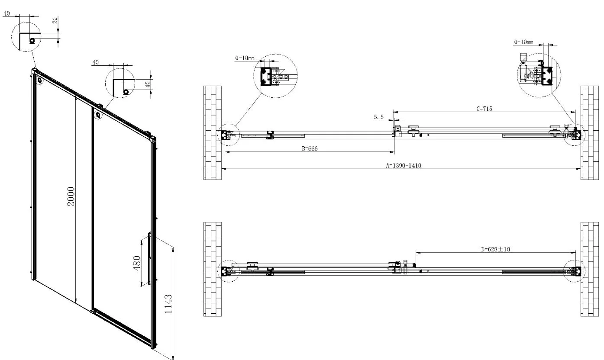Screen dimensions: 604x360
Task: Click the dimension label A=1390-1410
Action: click(404, 165)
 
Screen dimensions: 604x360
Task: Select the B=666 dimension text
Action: click(310, 148)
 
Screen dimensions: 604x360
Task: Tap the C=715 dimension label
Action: click(484, 109)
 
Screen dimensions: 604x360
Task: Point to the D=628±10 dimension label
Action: click(496, 249)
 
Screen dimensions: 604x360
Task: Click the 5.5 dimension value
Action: click(378, 117)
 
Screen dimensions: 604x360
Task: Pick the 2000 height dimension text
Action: click(71, 196)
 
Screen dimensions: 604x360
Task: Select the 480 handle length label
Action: click(137, 263)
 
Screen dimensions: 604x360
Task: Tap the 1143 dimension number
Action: click(168, 304)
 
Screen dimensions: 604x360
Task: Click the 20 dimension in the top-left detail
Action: click(55, 20)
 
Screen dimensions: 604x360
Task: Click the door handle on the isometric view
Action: click(149, 258)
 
